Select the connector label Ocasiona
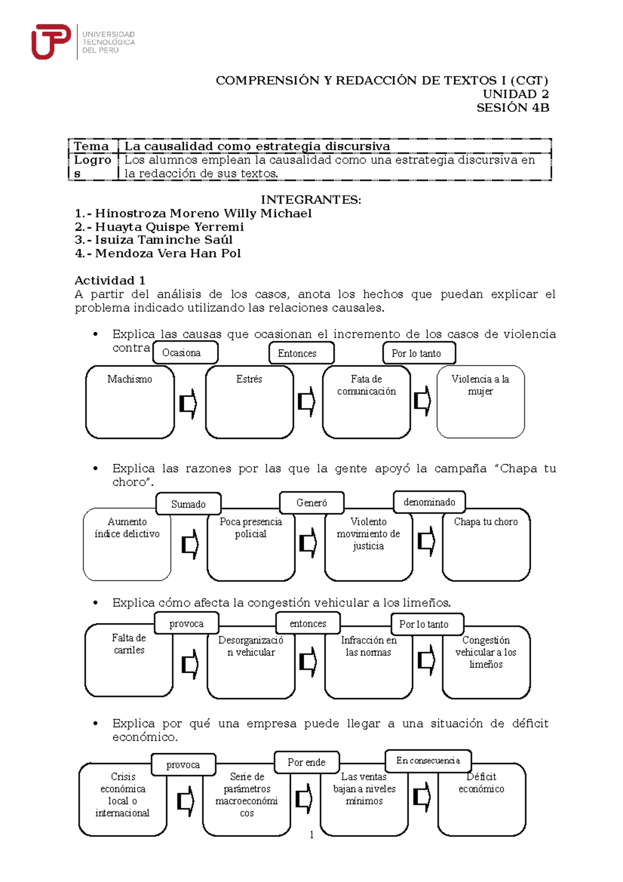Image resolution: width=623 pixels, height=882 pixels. point(185,353)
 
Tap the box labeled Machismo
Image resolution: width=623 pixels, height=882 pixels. point(130,402)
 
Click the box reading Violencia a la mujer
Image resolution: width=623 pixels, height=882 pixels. point(480,402)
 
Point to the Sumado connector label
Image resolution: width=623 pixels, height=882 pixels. point(188,504)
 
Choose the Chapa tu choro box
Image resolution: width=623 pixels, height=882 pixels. point(486,544)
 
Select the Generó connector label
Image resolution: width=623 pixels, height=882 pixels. point(311,502)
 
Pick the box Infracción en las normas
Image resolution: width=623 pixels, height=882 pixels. point(368,662)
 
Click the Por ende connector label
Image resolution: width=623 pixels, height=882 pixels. point(306,762)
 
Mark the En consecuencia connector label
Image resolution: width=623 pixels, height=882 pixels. point(428,760)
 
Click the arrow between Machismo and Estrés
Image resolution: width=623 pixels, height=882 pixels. point(188,404)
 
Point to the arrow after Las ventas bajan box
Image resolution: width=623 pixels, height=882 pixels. point(421,797)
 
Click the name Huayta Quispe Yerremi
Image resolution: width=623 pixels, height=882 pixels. point(169,227)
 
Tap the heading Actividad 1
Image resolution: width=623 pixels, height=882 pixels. point(110,280)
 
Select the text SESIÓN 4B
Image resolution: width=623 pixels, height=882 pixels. point(512,108)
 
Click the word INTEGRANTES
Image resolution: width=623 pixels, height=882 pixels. point(310,200)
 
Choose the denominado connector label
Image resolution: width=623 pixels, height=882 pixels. point(429,502)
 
